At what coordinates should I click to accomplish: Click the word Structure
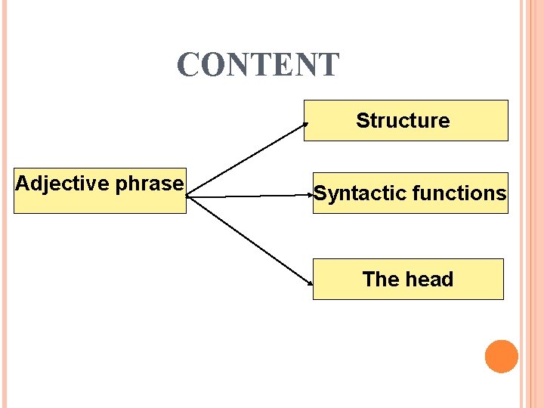403,121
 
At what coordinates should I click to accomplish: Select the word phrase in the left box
150,184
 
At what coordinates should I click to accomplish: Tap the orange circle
502,357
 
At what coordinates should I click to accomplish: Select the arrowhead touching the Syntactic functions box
311,195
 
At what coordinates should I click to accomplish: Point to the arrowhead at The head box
311,283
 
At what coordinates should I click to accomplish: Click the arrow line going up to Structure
246,159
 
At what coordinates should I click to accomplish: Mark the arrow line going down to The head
249,240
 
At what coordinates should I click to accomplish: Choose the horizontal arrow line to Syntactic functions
249,196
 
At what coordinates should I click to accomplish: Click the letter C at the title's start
188,66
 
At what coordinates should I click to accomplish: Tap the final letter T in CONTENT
329,66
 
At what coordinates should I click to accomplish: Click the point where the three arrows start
187,197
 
